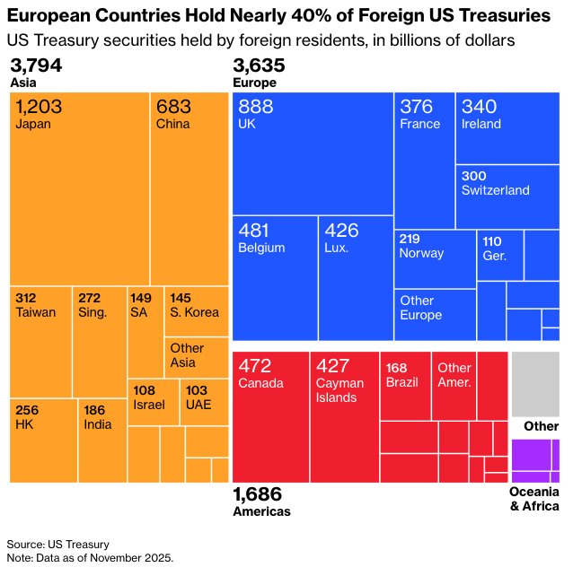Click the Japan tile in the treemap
tap(79, 188)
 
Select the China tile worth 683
tap(189, 188)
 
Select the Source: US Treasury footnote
tap(57, 545)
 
